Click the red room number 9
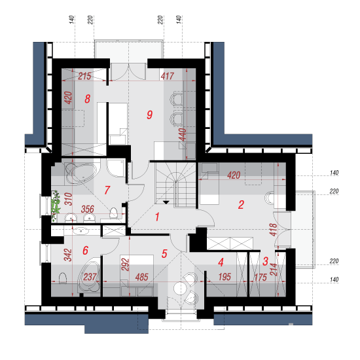150,115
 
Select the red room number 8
88,99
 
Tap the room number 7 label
107,190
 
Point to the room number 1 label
157,217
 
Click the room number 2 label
241,205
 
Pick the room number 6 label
85,250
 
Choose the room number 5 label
164,254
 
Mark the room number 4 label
221,262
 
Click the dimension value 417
168,76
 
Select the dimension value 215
84,76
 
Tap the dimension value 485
141,277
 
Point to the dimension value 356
88,209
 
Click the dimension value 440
183,135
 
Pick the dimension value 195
225,277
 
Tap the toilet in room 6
63,278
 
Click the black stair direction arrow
166,202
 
